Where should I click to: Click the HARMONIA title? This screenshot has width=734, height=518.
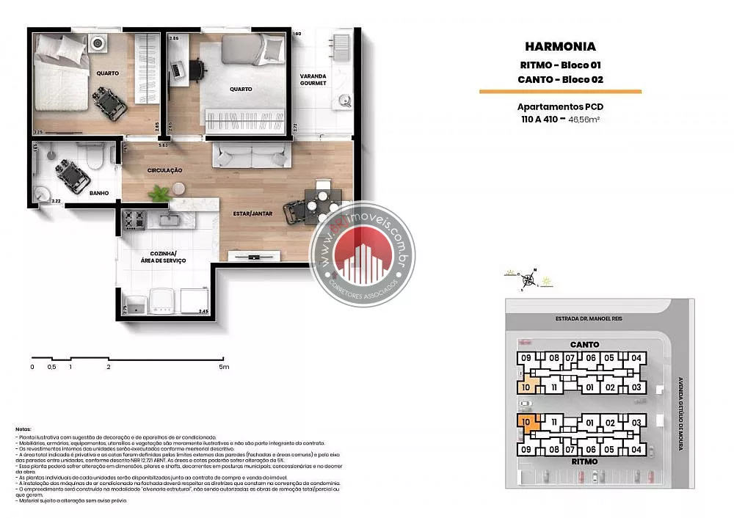point(560,47)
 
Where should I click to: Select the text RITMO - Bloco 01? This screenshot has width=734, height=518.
point(560,65)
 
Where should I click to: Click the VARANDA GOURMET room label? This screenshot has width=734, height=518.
point(313,80)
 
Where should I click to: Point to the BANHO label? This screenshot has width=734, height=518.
point(99,194)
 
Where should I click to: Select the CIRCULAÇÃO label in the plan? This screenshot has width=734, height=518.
point(164,170)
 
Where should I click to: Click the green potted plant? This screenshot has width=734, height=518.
point(158,194)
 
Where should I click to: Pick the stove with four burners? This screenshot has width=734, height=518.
point(134,218)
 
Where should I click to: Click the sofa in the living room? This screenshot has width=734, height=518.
point(249,156)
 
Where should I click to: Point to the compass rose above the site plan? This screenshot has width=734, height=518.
point(526,278)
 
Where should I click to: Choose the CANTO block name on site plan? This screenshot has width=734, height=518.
point(584,344)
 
